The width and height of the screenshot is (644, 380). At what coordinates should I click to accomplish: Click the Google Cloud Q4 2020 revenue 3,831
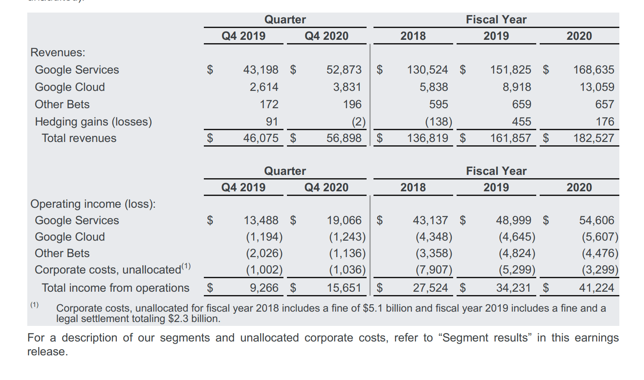pos(347,87)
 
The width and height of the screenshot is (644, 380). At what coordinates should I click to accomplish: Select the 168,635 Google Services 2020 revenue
pos(593,70)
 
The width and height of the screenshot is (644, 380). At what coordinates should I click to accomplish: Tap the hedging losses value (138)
pos(438,122)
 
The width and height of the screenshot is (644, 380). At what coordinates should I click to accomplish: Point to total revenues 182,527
pos(593,138)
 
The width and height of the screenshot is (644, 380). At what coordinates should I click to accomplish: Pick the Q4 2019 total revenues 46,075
pos(261,138)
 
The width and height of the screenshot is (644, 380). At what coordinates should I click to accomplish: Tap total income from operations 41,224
pos(596,288)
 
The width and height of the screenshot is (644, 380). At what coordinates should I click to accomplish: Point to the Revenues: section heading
pos(58,52)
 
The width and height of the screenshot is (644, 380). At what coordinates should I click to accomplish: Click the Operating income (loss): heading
pos(93,204)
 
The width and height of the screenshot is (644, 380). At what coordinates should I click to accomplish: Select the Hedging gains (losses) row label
pos(93,122)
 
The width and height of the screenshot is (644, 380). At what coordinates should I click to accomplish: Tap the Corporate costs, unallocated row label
pos(108,270)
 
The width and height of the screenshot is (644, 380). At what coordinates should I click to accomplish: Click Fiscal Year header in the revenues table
pos(496,19)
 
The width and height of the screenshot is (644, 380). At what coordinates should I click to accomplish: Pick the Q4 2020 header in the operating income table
pos(326,187)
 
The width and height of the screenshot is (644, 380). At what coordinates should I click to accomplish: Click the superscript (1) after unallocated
pos(186,266)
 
